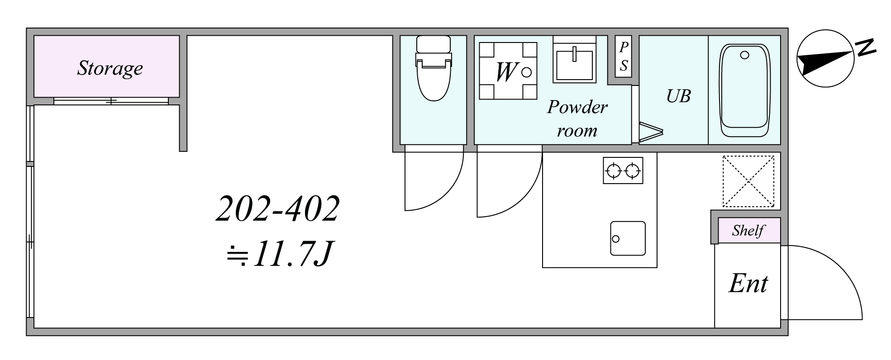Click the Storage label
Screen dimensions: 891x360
tap(110, 69)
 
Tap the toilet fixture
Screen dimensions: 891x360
tap(434, 68)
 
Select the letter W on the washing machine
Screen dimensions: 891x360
tap(506, 71)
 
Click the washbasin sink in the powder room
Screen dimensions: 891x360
tap(574, 59)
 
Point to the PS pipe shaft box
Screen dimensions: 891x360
tap(624, 57)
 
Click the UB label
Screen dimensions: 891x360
tap(678, 96)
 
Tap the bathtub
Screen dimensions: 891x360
tap(745, 90)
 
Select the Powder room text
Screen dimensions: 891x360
tap(577, 118)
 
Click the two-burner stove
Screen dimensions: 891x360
tap(623, 171)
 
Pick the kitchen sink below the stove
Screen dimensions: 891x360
tap(628, 238)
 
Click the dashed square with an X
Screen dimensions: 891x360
tap(748, 181)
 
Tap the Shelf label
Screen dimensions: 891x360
tap(748, 231)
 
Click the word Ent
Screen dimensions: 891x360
tap(748, 284)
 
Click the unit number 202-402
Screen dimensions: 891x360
tap(277, 209)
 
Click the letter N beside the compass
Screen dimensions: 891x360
tap(865, 47)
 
